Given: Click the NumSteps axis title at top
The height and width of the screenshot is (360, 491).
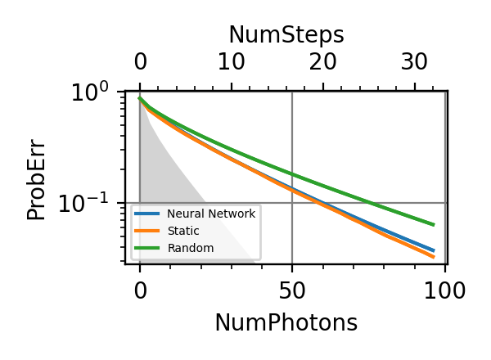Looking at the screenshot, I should [x=286, y=35].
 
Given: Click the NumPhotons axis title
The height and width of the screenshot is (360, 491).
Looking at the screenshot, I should [x=286, y=322].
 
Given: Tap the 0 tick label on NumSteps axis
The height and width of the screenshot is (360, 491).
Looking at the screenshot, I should [x=140, y=62].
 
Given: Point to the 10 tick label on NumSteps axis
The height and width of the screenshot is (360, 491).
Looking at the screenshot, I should [x=232, y=62].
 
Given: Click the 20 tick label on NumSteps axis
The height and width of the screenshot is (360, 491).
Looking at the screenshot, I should [x=323, y=62].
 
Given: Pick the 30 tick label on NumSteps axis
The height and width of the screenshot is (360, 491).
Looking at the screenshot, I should [x=415, y=62].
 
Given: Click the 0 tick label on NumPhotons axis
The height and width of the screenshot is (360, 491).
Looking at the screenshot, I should [x=140, y=290].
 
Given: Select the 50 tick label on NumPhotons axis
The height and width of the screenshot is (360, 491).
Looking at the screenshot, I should [x=292, y=290].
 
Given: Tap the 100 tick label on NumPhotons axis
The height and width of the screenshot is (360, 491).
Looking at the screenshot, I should [x=444, y=290].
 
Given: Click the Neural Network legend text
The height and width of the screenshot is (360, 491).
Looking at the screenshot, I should [x=211, y=214].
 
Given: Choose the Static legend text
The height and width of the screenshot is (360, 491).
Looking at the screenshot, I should [x=181, y=231].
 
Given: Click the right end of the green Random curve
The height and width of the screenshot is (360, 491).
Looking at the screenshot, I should [x=434, y=224].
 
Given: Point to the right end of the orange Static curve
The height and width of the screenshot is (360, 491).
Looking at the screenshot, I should [x=434, y=257].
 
